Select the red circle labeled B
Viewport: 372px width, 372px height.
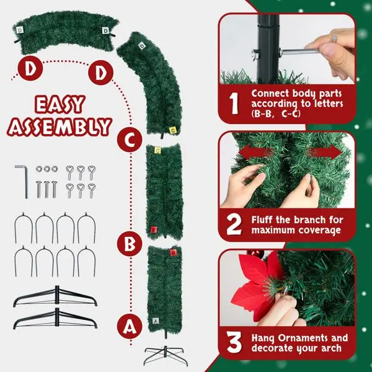tap(129, 244)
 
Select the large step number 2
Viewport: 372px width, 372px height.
tap(233, 225)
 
